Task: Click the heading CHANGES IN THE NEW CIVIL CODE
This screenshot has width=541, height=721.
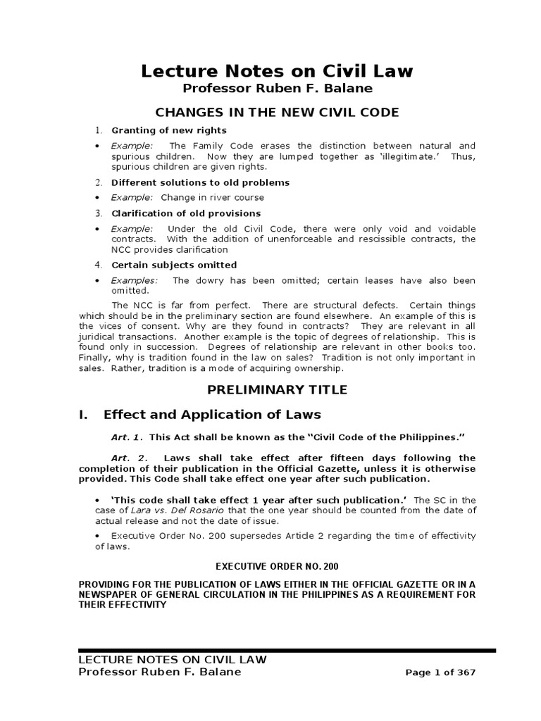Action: point(277,112)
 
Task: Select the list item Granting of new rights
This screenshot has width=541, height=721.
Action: point(169,130)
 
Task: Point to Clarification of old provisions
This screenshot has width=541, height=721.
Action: point(186,213)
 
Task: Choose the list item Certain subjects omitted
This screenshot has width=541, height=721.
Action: point(174,265)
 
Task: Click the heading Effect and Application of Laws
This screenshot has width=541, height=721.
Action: point(212,414)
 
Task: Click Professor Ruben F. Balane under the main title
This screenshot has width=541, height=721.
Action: point(276,88)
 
